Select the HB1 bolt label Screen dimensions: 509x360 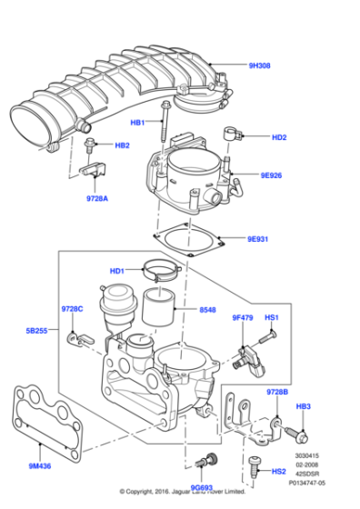pos(137,122)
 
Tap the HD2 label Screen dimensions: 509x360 pos(278,137)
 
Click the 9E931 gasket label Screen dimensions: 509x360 pos(259,240)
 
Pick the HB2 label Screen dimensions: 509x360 pos(121,145)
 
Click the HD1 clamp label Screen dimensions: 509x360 pos(116,271)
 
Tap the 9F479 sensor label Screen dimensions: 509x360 pos(244,317)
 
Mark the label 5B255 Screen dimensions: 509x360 pos(36,333)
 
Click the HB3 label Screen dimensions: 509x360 pos(303,406)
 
